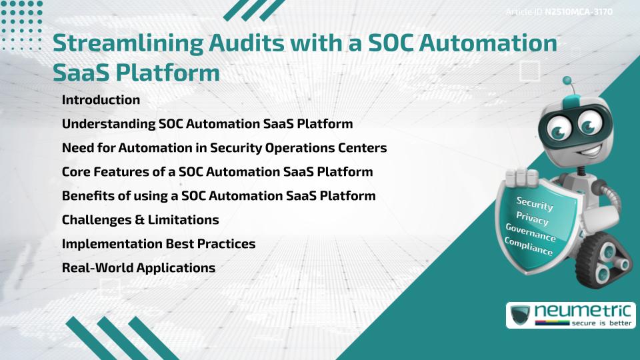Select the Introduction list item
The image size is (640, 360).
coord(101,100)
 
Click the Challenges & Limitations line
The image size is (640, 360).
coord(140,219)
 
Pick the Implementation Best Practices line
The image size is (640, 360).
coord(158,243)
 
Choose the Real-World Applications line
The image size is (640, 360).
coord(138,267)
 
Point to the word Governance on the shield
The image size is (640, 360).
coord(531,233)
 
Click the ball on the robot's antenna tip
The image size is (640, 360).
coord(567,81)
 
